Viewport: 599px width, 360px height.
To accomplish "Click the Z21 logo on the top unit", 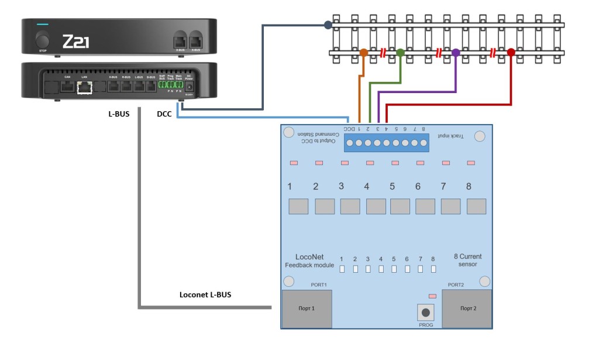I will [x=75, y=42].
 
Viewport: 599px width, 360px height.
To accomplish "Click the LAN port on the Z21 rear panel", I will [x=85, y=87].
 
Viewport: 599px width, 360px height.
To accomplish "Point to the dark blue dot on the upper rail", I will [x=328, y=25].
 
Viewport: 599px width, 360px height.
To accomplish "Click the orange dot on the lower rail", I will [x=363, y=53].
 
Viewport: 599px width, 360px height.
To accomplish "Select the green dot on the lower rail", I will [x=400, y=53].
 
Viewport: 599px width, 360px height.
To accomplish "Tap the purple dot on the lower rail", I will [x=456, y=53].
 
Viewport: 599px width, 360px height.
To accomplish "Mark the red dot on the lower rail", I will [x=511, y=53].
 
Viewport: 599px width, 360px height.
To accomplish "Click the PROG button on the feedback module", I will [x=425, y=312].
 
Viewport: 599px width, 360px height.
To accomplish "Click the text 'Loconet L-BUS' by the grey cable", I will [x=205, y=294].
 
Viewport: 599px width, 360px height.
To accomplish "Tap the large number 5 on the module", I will [x=392, y=187].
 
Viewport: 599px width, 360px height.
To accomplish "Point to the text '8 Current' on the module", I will [x=468, y=256].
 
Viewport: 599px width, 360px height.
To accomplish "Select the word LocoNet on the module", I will [x=310, y=257].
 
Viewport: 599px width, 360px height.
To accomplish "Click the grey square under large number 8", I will [x=477, y=206].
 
